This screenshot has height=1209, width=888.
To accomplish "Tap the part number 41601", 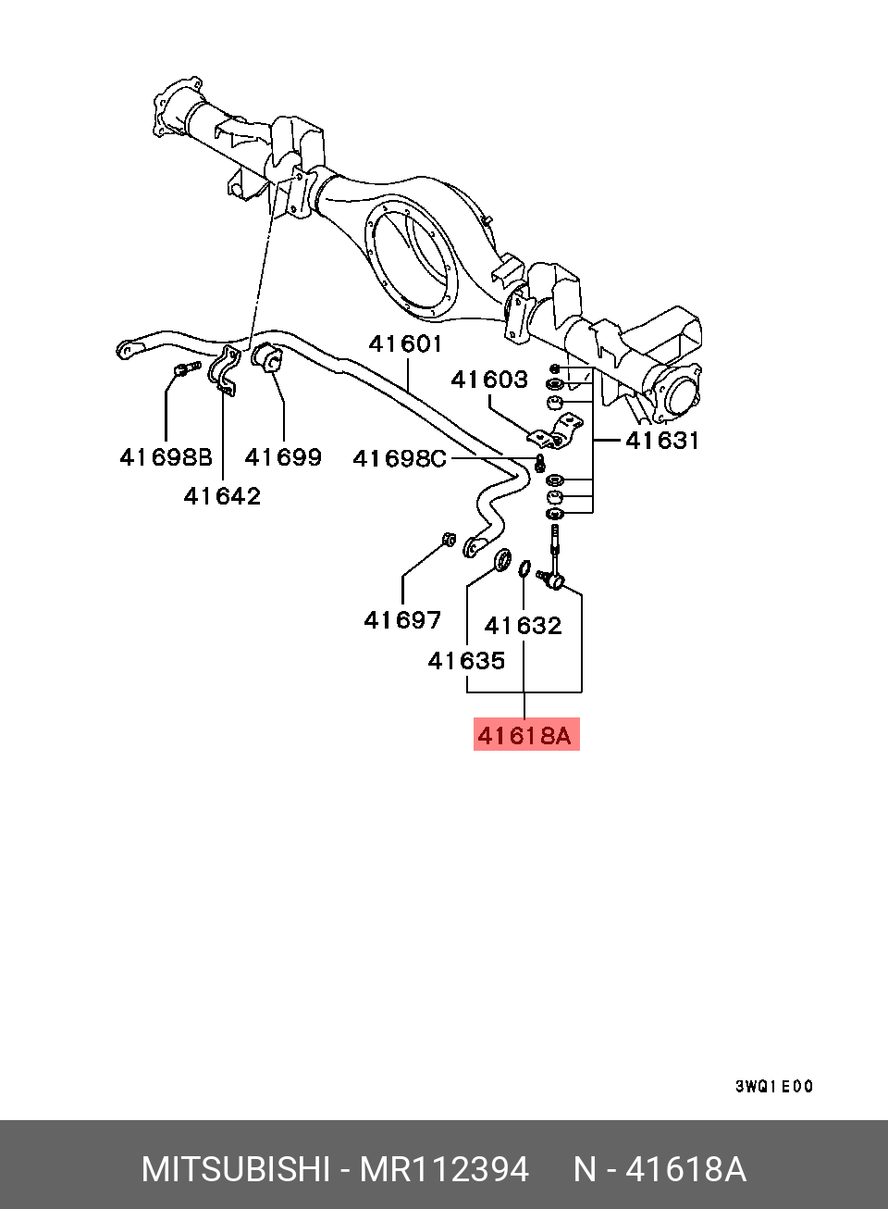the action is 405,343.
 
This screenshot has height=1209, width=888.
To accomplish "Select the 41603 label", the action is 489,380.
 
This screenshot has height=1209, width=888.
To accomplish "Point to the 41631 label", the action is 661,441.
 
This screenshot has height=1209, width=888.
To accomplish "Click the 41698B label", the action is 166,457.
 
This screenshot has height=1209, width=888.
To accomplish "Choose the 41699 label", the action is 283,457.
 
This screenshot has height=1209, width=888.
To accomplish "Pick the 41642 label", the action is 222,496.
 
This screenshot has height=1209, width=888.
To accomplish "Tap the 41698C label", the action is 400,459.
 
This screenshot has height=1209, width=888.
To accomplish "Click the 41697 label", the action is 402,620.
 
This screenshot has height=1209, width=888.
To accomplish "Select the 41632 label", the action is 523,626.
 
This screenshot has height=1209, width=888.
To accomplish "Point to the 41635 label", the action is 466,660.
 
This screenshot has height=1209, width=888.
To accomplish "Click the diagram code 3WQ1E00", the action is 774,1087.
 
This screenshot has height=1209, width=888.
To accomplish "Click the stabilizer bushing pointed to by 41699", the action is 266,357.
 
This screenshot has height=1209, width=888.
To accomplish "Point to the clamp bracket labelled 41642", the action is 222,370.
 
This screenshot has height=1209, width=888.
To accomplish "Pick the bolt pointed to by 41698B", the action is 187,369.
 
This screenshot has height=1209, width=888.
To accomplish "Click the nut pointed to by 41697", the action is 449,539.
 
